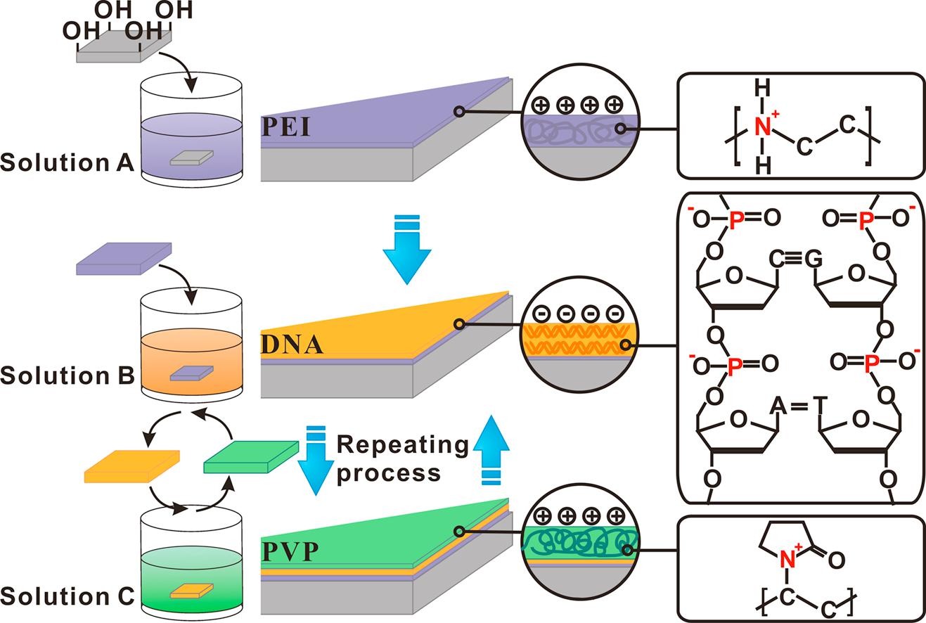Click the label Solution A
(67, 162)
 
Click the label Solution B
(67, 375)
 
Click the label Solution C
(67, 596)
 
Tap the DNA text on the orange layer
(292, 345)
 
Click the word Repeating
(402, 445)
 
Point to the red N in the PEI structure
(763, 127)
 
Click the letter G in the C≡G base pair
(814, 258)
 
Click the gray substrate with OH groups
(124, 48)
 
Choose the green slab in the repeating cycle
(250, 458)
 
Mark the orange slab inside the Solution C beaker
(188, 590)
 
